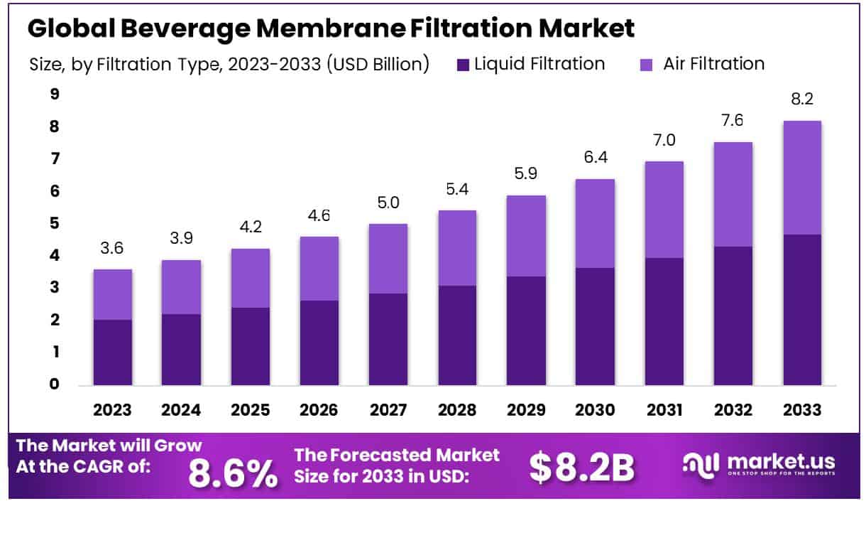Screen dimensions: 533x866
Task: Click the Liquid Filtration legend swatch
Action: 464,65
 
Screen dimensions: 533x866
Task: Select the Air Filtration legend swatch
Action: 646,65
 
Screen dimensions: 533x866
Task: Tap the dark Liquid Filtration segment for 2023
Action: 112,352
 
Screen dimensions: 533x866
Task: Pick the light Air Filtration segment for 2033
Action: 802,178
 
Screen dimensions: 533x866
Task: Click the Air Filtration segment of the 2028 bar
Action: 458,248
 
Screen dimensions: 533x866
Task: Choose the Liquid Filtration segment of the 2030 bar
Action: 595,326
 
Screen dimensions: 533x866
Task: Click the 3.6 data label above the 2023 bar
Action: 112,249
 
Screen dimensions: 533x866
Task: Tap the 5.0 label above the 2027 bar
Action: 388,203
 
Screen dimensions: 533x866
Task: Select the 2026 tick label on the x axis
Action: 319,410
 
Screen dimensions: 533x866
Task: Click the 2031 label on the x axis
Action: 664,410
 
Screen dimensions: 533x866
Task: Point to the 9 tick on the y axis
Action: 55,94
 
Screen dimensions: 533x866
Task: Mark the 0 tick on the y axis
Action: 55,384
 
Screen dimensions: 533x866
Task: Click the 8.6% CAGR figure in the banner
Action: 233,474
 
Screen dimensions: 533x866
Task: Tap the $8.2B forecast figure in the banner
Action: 581,468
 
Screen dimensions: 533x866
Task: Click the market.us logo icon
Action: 701,463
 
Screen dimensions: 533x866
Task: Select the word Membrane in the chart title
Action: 330,28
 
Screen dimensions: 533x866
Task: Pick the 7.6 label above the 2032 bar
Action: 733,121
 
